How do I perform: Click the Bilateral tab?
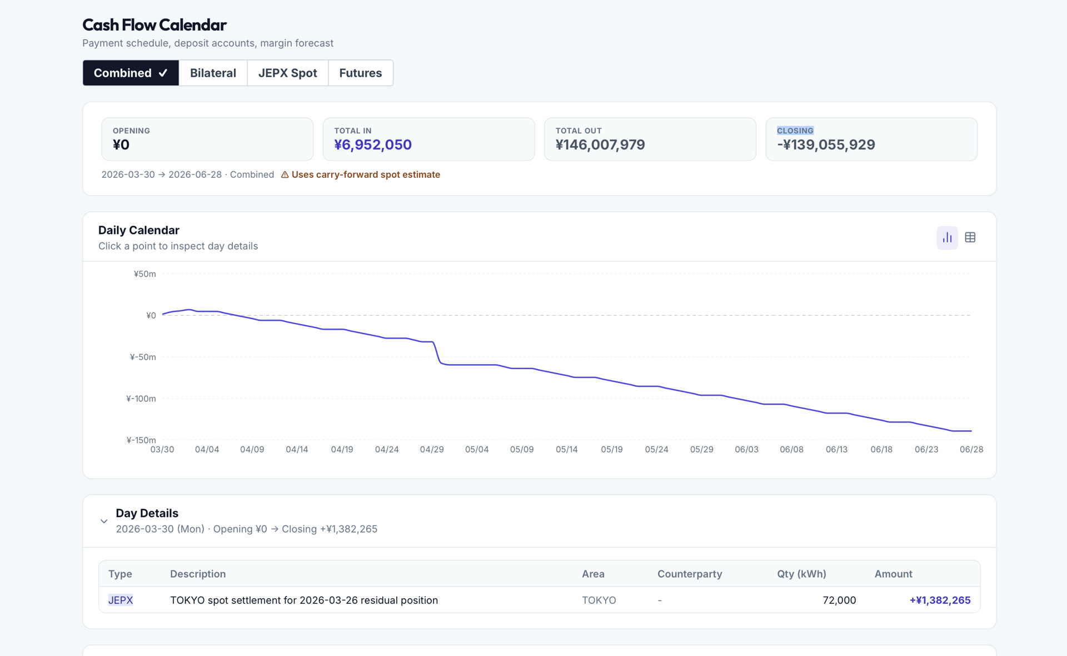(x=213, y=73)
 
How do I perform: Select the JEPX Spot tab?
(x=287, y=73)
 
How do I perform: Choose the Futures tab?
(x=360, y=73)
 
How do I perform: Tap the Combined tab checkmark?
(x=163, y=73)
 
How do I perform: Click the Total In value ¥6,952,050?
(x=372, y=145)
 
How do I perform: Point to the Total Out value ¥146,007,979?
(x=600, y=145)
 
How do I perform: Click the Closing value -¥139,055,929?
(x=825, y=145)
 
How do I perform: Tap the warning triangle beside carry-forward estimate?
(x=285, y=175)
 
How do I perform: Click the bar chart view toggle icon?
(x=947, y=238)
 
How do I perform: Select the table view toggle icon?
(x=970, y=238)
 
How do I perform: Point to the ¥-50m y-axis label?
(x=143, y=357)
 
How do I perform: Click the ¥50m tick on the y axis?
(x=144, y=274)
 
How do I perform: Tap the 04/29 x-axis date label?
(x=431, y=449)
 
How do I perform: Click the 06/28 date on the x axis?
(x=971, y=449)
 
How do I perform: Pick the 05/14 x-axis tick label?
(x=566, y=449)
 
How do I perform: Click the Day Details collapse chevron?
(x=104, y=521)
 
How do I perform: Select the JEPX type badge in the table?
(x=121, y=600)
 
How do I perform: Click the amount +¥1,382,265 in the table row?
(x=939, y=600)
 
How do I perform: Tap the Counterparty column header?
(x=689, y=574)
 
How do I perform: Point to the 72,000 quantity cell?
(x=839, y=600)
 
